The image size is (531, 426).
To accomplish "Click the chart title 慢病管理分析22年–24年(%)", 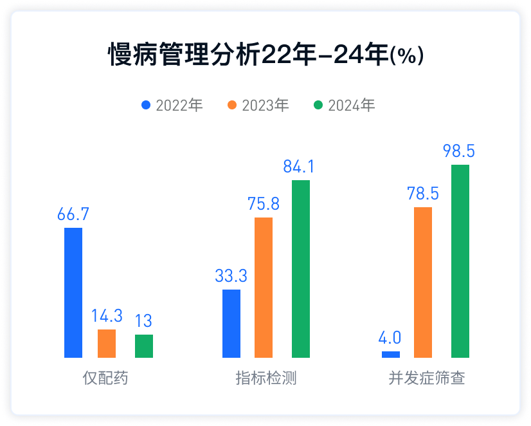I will pyautogui.click(x=265, y=55).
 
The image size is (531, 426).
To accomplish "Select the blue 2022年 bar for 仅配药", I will pyautogui.click(x=73, y=293).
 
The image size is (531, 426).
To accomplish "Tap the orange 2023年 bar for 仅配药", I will pyautogui.click(x=107, y=344).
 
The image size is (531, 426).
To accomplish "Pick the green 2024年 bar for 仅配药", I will pyautogui.click(x=144, y=346).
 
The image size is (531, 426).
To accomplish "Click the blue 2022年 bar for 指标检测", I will pyautogui.click(x=231, y=324).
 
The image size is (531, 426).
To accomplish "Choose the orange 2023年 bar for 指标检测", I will pyautogui.click(x=264, y=288).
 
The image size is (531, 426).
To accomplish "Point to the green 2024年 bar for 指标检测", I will pyautogui.click(x=301, y=269).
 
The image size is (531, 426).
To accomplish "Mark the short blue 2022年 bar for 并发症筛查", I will pyautogui.click(x=391, y=355).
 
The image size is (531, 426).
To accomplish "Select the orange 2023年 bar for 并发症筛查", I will pyautogui.click(x=423, y=282).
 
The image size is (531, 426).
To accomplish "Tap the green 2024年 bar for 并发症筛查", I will pyautogui.click(x=460, y=261).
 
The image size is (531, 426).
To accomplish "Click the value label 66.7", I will pyautogui.click(x=73, y=215).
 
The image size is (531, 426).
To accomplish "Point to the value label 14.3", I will pyautogui.click(x=107, y=317).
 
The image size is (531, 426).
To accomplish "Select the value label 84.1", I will pyautogui.click(x=300, y=167).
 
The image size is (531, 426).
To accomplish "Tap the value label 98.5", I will pyautogui.click(x=459, y=152).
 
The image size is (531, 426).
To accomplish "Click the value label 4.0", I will pyautogui.click(x=390, y=338).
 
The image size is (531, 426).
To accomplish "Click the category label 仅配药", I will pyautogui.click(x=106, y=378).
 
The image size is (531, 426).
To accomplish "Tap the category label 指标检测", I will pyautogui.click(x=266, y=378).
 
